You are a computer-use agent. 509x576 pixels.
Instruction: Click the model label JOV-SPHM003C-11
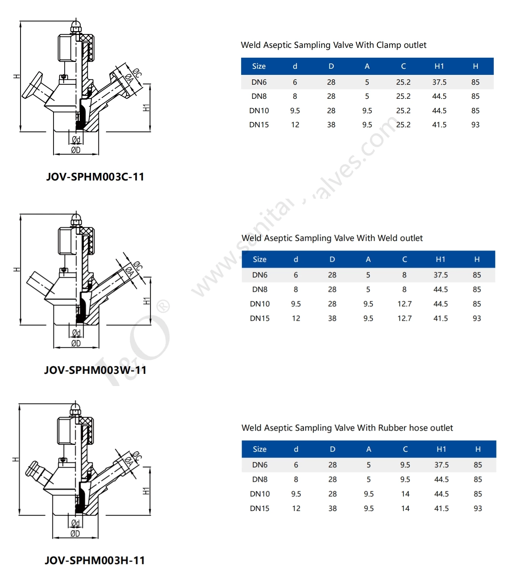tap(95, 177)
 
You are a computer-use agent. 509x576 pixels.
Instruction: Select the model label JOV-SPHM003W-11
tap(95, 370)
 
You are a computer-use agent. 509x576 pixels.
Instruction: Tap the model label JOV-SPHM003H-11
tap(95, 560)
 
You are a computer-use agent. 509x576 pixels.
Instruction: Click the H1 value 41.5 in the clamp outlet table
tap(439, 125)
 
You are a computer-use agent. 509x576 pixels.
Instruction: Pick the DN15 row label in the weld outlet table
tap(259, 318)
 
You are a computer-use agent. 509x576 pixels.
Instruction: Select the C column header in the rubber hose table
tap(405, 449)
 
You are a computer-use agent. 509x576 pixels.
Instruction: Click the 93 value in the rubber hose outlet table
tap(477, 508)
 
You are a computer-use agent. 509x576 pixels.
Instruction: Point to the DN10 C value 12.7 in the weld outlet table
tap(404, 304)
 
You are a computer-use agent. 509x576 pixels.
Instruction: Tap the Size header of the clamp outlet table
tap(259, 66)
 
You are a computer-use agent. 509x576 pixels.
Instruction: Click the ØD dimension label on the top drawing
tap(76, 150)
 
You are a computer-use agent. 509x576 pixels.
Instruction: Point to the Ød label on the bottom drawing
tap(75, 523)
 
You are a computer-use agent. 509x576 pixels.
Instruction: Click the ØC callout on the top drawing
tap(137, 72)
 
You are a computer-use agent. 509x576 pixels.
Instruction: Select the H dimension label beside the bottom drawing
tap(16, 459)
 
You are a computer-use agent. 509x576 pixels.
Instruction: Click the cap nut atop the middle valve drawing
tap(76, 219)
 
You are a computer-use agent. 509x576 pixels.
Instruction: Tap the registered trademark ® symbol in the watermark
tap(163, 306)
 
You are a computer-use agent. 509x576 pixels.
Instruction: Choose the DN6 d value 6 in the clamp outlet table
tap(295, 82)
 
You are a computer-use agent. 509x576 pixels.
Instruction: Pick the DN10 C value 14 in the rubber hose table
tap(405, 494)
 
